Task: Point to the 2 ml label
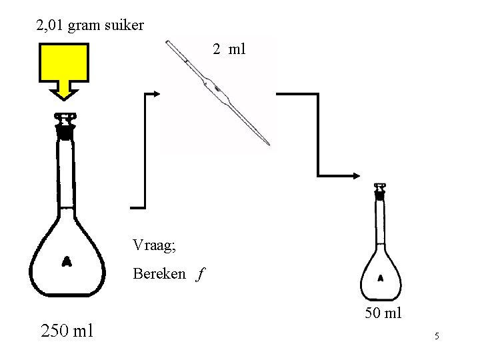tap(229, 49)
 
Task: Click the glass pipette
tap(220, 93)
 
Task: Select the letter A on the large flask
tap(67, 261)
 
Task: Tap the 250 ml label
tap(67, 330)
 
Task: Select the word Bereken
tap(159, 273)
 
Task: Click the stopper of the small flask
tap(380, 191)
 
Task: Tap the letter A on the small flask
tap(381, 277)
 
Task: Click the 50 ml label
tap(383, 313)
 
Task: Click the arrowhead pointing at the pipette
tap(156, 94)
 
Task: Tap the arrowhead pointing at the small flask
tap(357, 175)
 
